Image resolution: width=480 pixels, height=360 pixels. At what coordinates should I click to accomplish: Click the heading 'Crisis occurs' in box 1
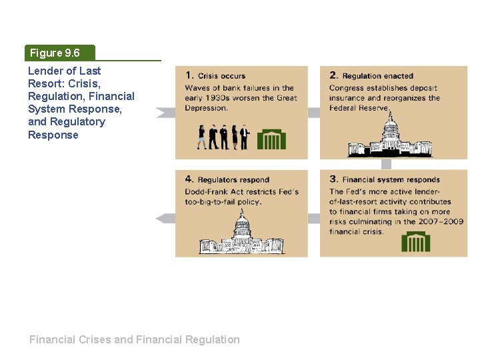[221, 76]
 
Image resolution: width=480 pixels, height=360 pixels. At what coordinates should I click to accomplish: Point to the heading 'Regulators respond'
[233, 180]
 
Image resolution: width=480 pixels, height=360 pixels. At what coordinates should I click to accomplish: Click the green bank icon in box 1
[271, 139]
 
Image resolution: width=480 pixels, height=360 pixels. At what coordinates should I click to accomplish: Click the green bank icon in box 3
[415, 241]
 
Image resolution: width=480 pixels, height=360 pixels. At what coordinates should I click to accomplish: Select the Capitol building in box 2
[390, 137]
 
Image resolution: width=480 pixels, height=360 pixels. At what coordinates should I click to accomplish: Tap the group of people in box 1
[223, 137]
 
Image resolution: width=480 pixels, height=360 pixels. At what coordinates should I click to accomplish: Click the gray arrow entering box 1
[165, 113]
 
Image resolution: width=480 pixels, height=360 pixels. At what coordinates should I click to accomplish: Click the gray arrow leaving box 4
[165, 218]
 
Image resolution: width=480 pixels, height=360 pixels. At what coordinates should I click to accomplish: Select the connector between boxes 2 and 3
[386, 165]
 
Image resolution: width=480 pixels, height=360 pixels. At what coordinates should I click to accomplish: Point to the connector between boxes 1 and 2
[314, 113]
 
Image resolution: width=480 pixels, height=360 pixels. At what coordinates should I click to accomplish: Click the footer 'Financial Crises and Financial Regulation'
[134, 339]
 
